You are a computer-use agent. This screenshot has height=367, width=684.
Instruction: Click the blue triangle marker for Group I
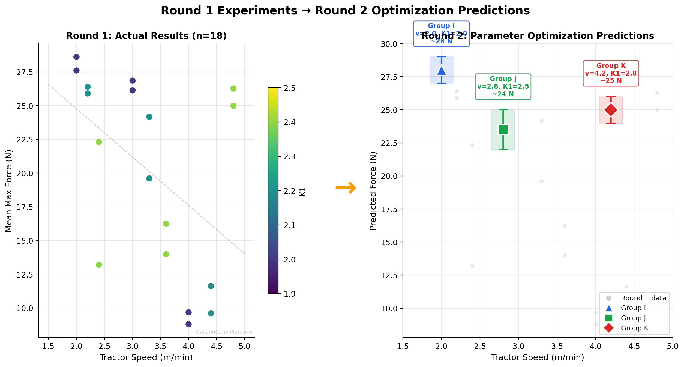pyautogui.click(x=441, y=71)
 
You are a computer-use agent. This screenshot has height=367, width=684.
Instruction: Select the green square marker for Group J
pyautogui.click(x=503, y=130)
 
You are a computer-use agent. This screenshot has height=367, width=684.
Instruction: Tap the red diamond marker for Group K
pyautogui.click(x=611, y=110)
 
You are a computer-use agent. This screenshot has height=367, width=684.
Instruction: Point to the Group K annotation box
pyautogui.click(x=611, y=73)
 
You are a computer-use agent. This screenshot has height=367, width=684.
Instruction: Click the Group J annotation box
pyautogui.click(x=503, y=86)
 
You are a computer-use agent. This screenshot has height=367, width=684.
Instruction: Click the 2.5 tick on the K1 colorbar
pyautogui.click(x=289, y=88)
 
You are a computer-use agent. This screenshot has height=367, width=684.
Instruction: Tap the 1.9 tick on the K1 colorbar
pyautogui.click(x=289, y=294)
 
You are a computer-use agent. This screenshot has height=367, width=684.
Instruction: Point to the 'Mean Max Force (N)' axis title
pyautogui.click(x=9, y=190)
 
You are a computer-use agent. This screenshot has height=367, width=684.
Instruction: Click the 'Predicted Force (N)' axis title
pyautogui.click(x=373, y=191)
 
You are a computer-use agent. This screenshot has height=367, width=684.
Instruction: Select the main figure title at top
pyautogui.click(x=345, y=11)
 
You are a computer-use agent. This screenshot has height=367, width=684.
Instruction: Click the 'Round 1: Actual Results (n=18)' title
pyautogui.click(x=146, y=36)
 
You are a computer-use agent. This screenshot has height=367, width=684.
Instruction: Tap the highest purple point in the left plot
pyautogui.click(x=76, y=57)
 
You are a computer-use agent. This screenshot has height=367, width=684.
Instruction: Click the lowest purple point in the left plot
pyautogui.click(x=188, y=324)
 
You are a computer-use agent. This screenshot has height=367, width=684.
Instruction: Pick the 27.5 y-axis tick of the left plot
pyautogui.click(x=25, y=72)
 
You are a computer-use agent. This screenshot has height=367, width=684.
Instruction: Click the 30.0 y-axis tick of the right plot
pyautogui.click(x=389, y=44)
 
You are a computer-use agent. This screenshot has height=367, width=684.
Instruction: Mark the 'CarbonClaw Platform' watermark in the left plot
pyautogui.click(x=224, y=332)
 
